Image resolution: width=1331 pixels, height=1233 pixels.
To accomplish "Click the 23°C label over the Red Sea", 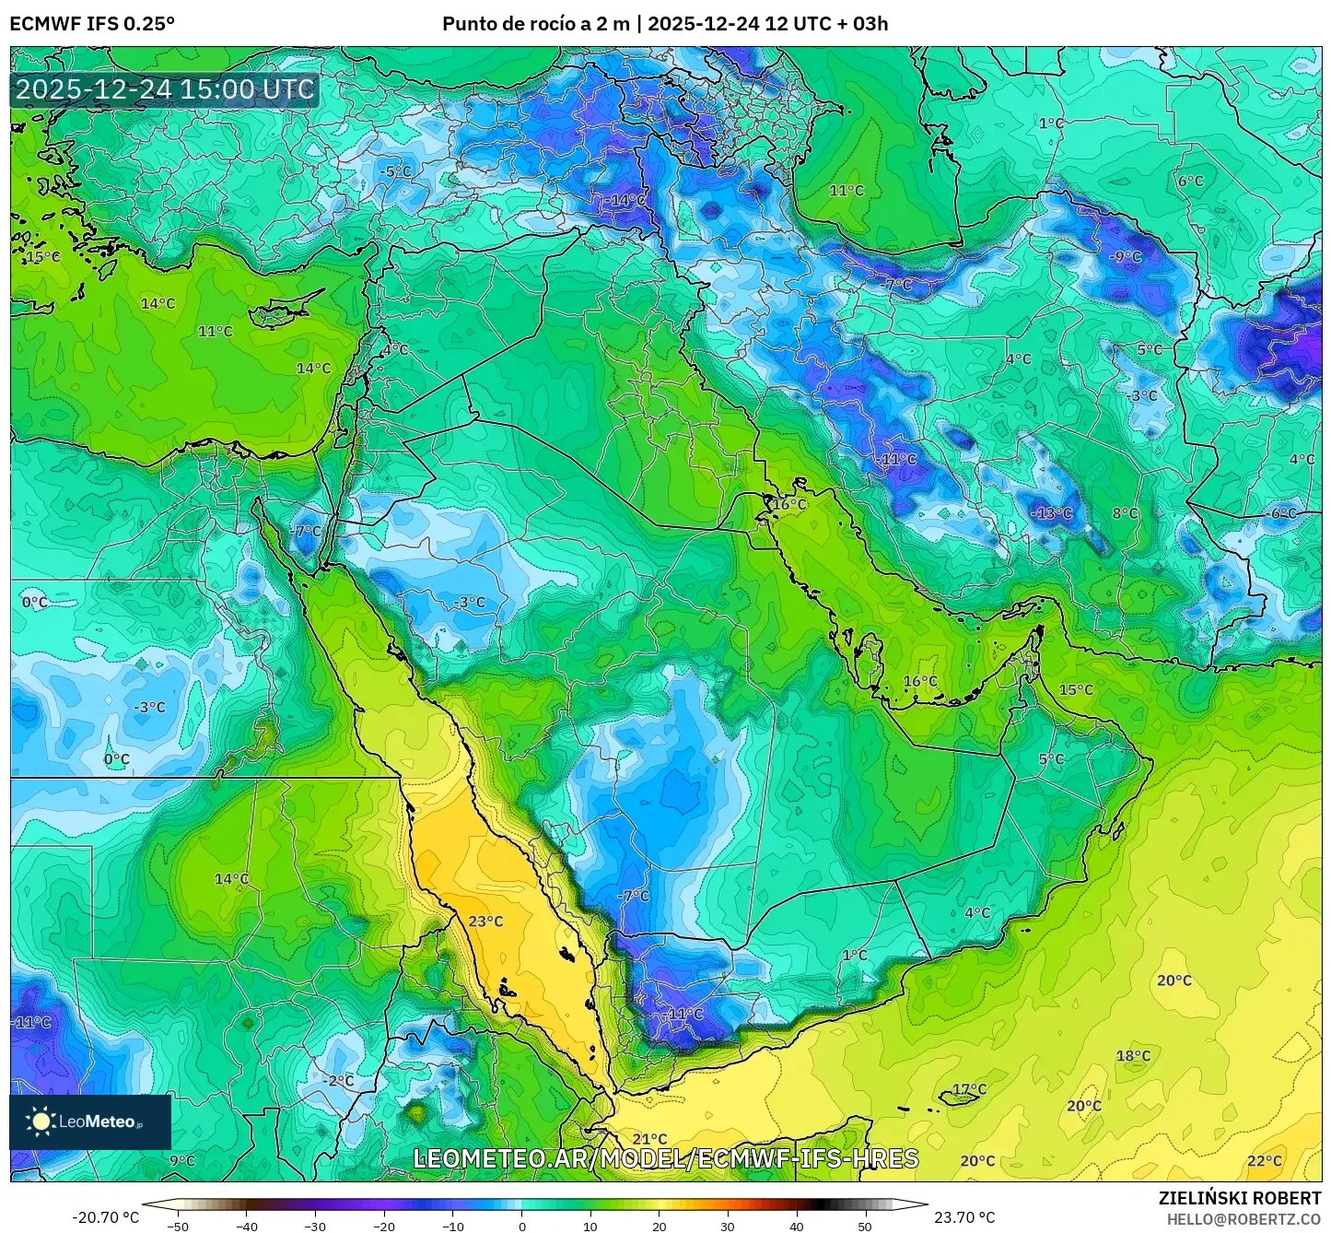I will (x=485, y=922).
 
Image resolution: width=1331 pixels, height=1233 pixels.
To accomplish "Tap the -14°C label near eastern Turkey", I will (x=626, y=200).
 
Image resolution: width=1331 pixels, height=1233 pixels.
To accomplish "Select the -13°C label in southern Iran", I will (x=1051, y=513).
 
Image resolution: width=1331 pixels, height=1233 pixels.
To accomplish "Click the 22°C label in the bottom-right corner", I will (x=1264, y=1161).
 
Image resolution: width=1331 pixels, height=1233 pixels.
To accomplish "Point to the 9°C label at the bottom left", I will (x=182, y=1161).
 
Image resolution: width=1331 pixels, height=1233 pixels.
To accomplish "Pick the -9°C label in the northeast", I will (x=1125, y=257).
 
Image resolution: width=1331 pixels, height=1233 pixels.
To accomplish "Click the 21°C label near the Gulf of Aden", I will (x=648, y=1139).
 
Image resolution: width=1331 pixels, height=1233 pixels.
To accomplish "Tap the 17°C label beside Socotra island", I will (x=969, y=1089).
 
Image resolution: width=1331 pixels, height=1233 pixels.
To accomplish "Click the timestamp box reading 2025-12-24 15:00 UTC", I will (x=165, y=89).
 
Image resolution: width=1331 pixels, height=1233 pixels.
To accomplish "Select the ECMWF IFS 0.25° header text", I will (x=92, y=24).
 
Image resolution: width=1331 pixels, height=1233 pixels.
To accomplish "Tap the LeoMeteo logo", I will (x=90, y=1121).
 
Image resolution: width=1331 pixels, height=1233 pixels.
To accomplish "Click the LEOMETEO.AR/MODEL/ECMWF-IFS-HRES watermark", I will (x=665, y=1158).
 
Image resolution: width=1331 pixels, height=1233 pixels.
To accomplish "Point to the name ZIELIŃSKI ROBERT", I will (x=1239, y=1198).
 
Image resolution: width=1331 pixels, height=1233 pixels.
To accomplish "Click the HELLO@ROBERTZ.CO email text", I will (x=1243, y=1219).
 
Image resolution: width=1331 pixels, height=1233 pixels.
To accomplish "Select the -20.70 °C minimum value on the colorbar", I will (x=105, y=1217).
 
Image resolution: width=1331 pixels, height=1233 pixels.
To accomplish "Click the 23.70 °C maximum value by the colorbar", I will (x=964, y=1217).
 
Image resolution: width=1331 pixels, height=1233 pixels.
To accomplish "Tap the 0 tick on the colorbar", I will (x=521, y=1227).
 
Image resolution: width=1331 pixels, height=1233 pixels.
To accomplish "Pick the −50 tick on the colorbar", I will (x=178, y=1227).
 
